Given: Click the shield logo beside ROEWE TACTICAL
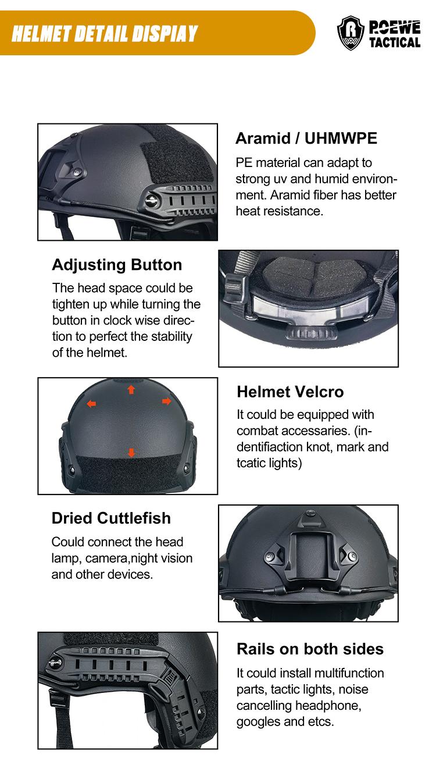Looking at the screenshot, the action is coord(351,33).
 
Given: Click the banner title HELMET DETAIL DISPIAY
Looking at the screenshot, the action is coord(105,34).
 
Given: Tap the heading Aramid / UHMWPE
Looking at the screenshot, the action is coord(306,138).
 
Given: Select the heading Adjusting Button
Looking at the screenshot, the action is coord(117,265).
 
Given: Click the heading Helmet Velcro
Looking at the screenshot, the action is coord(290,392).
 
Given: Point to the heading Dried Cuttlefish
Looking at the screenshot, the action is coord(111,518).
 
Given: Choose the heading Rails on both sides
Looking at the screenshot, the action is coord(310,649).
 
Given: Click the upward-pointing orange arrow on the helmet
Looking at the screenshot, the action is coord(131,390).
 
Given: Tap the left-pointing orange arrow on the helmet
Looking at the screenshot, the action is coord(91,404).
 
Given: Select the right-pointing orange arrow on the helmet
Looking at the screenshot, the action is coord(167,401).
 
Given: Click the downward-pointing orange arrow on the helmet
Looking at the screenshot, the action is coord(131,453).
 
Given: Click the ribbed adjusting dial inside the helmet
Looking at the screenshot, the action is coord(311,334).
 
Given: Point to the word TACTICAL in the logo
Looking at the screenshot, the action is coord(395,42).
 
